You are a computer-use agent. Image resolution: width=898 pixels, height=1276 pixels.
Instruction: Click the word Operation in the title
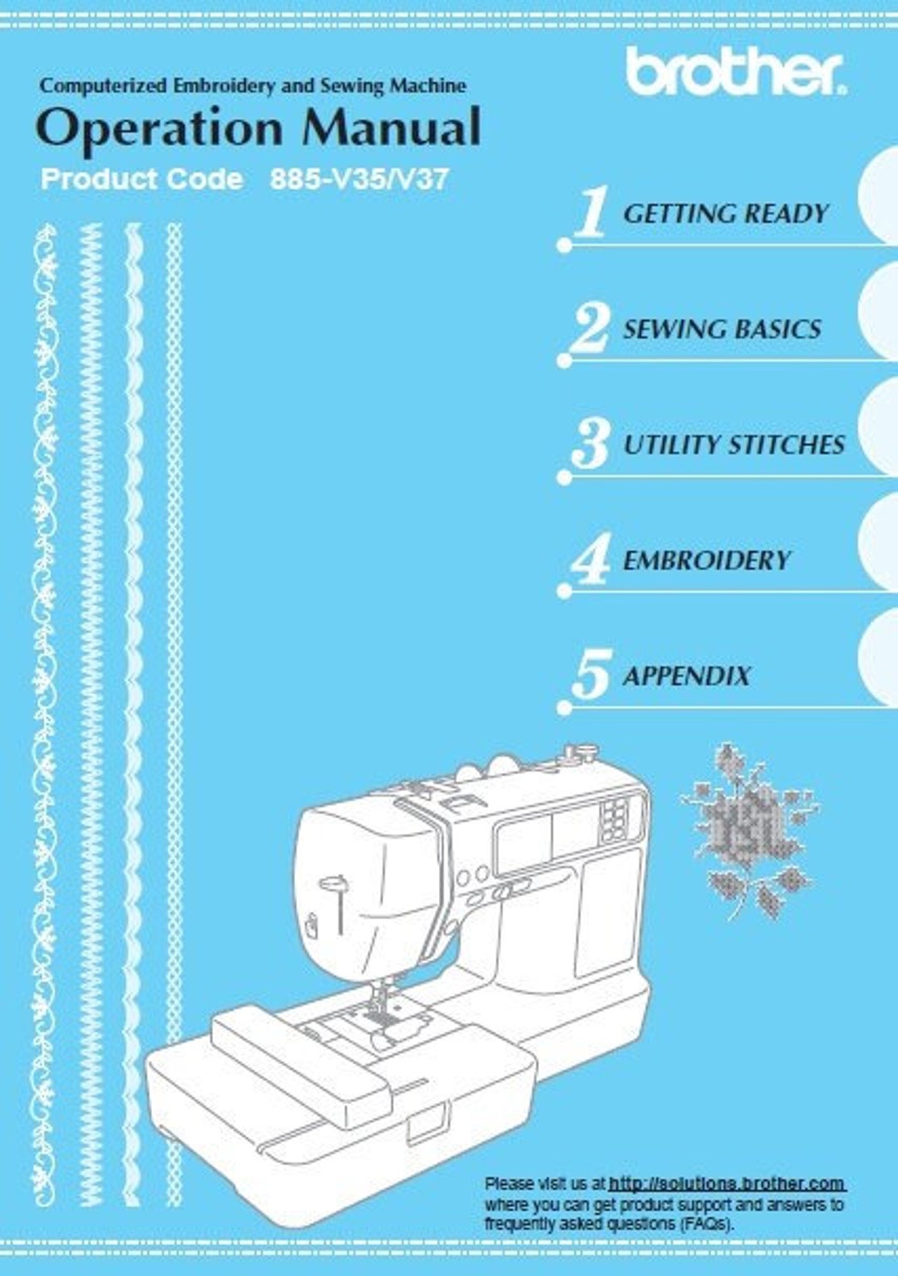[160, 130]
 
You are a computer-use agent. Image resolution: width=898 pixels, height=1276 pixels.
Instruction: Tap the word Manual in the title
[391, 128]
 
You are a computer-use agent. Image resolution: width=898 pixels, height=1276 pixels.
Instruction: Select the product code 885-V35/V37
[359, 180]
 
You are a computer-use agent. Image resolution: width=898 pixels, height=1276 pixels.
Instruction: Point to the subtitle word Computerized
[103, 86]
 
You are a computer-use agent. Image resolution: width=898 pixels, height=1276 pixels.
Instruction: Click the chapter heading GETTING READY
[725, 214]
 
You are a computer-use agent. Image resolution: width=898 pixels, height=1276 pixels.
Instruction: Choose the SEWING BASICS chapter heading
[722, 329]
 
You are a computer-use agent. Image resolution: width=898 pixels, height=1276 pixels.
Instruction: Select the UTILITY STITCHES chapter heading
[733, 445]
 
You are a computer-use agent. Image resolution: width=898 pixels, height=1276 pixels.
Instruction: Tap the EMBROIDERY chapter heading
[707, 560]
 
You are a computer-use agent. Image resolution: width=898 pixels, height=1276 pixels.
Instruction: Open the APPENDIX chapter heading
[687, 676]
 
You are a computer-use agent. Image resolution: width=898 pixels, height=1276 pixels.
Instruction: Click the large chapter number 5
[591, 675]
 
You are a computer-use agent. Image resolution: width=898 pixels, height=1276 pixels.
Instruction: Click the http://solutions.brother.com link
[727, 1183]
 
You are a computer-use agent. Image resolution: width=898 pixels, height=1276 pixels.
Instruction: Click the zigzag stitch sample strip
[90, 715]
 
